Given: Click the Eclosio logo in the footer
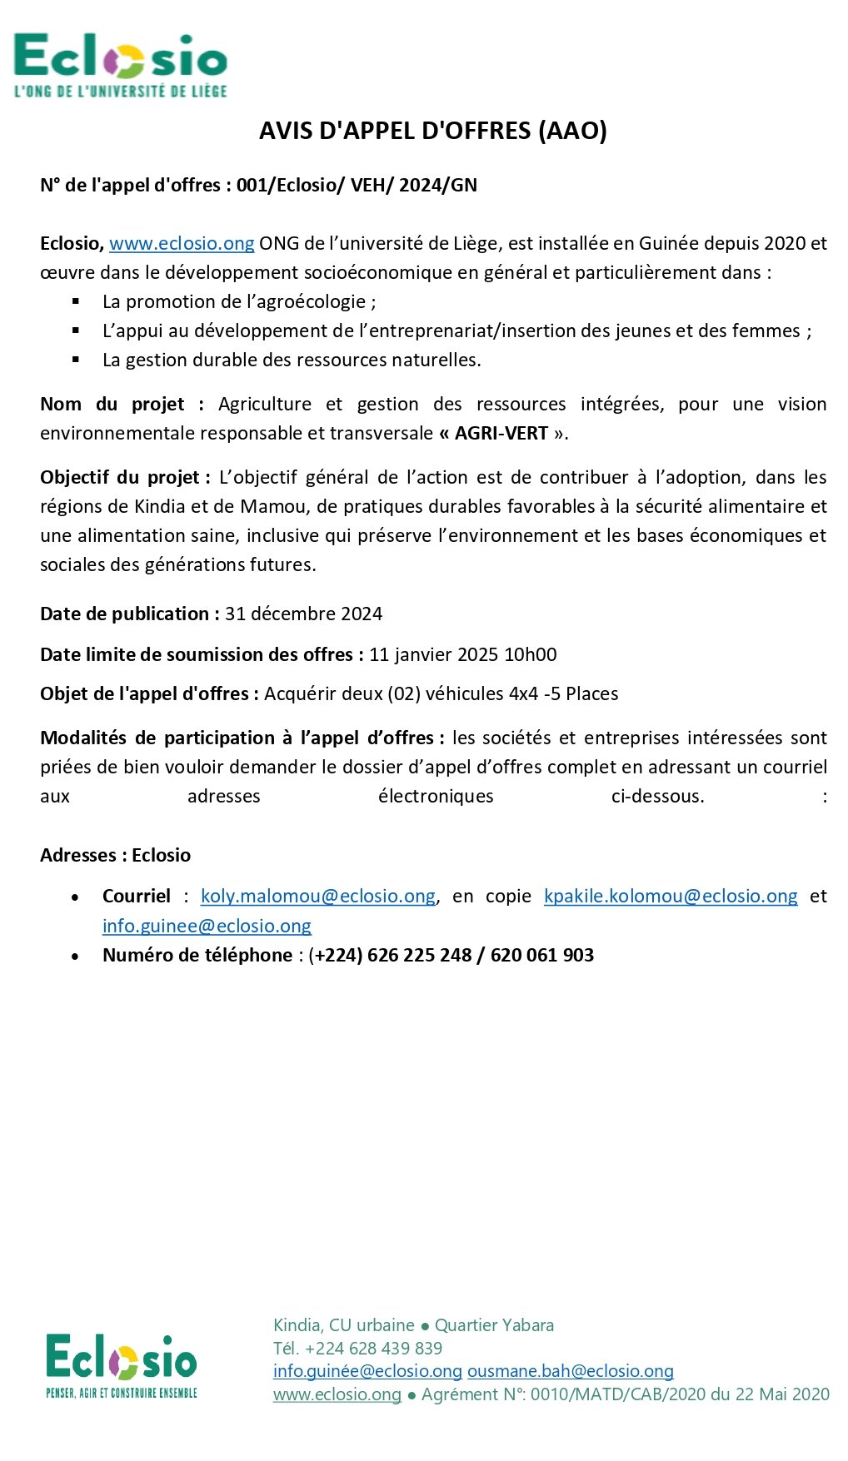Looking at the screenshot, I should tap(122, 1366).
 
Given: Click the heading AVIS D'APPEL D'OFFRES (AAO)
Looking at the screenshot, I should tap(432, 131).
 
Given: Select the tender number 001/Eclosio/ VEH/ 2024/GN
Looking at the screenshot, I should tap(357, 185).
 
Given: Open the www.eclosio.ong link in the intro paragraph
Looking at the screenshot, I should tap(182, 243).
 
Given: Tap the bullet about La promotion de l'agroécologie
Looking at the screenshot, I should tap(239, 301).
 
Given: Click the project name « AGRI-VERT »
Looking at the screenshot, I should tap(501, 433).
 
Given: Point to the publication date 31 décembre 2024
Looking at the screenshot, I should tap(303, 614).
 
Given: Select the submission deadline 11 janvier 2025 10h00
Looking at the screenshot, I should tap(462, 654).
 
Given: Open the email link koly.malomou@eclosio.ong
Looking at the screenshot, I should tap(318, 896).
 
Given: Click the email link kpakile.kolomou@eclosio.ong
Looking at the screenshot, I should tap(671, 896).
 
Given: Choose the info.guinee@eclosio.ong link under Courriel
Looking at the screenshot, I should tap(207, 926).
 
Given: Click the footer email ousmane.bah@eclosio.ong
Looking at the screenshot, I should tap(570, 1371).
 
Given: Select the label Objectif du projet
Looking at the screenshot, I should tap(120, 477).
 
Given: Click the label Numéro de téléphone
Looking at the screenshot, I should tap(197, 955).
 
